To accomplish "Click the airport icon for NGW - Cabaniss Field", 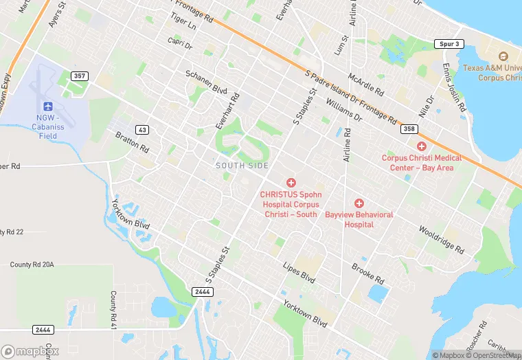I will pyautogui.click(x=47, y=106).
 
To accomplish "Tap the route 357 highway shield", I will pyautogui.click(x=80, y=76).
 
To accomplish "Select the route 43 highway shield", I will pyautogui.click(x=142, y=129).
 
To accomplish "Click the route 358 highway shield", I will pyautogui.click(x=409, y=129).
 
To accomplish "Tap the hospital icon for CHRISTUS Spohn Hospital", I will pyautogui.click(x=291, y=183).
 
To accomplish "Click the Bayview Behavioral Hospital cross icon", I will pyautogui.click(x=359, y=203).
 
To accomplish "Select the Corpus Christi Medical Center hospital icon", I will pyautogui.click(x=422, y=146).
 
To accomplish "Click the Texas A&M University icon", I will pyautogui.click(x=502, y=56).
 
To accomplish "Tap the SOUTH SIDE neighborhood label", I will pyautogui.click(x=242, y=166).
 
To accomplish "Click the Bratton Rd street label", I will pyautogui.click(x=132, y=142).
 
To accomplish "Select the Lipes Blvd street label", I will pyautogui.click(x=299, y=273).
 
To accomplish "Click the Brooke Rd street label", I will pyautogui.click(x=367, y=273).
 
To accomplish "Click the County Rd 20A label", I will pyautogui.click(x=32, y=265).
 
